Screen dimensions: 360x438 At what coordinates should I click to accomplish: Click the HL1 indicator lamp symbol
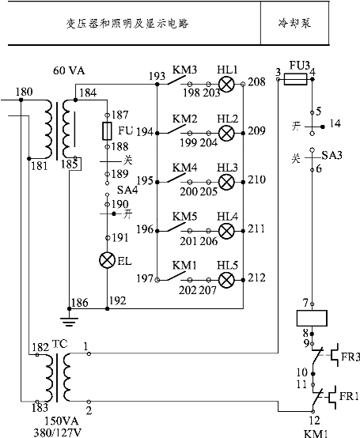[226, 84]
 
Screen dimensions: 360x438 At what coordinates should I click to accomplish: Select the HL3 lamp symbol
[226, 182]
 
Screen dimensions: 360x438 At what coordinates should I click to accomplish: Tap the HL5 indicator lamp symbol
[226, 280]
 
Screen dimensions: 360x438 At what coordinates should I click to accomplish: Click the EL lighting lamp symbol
[108, 260]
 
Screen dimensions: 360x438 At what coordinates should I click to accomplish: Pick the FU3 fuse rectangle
[295, 79]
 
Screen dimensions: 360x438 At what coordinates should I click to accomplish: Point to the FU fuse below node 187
[108, 130]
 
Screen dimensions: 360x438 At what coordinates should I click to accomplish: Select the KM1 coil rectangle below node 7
[312, 318]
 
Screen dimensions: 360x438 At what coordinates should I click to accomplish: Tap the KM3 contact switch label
[184, 70]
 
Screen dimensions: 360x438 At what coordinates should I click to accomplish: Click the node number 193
[157, 76]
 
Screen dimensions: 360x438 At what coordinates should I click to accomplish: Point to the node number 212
[256, 278]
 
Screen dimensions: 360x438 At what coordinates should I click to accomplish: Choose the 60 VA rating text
[69, 70]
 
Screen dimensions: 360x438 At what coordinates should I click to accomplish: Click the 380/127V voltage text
[58, 433]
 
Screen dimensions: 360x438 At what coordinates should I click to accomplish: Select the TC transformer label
[60, 344]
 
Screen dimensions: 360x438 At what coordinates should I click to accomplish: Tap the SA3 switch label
[332, 155]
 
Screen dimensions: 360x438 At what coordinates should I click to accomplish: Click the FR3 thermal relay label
[351, 357]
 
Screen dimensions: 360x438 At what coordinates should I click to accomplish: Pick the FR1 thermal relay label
[349, 396]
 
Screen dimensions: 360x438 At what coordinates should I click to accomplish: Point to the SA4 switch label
[127, 190]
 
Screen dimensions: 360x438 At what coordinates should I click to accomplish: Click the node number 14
[335, 123]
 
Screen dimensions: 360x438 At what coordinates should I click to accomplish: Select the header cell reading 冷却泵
[294, 23]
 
